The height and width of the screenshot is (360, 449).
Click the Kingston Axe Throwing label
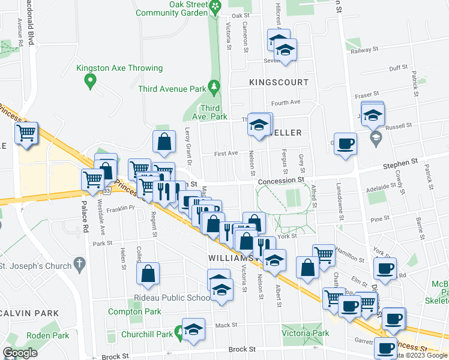(119, 68)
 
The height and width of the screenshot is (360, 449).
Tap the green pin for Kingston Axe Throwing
(90, 81)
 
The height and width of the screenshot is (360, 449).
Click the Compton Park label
(134, 311)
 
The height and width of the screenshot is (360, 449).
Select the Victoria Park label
(306, 333)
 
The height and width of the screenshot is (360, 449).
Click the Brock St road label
(244, 349)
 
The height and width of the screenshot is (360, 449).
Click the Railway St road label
(376, 52)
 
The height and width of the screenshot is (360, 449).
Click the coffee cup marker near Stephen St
(345, 143)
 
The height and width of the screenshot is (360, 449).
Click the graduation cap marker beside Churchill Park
(193, 330)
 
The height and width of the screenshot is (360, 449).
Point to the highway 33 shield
(106, 191)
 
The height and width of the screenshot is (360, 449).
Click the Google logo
(20, 353)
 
